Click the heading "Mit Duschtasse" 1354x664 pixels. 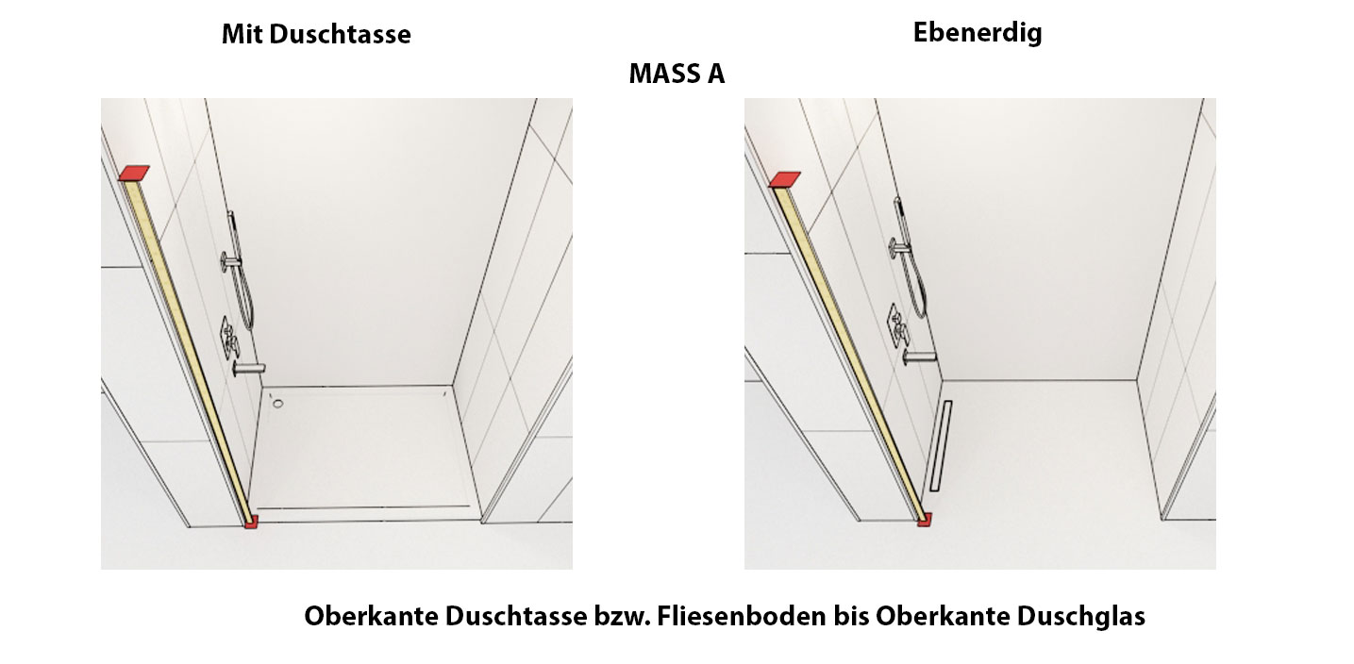pos(316,34)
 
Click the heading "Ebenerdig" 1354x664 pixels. pos(978,33)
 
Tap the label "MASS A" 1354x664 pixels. pos(677,74)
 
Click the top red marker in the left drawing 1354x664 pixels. pos(134,174)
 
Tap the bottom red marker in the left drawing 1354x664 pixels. pos(251,522)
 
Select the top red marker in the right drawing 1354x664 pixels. pos(784,179)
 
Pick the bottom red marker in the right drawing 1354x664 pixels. pos(925,520)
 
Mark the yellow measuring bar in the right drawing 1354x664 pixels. pos(848,352)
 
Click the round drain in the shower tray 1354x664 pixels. pos(277,404)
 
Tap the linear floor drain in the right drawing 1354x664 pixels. pos(940,446)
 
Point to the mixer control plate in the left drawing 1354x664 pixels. pos(228,339)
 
